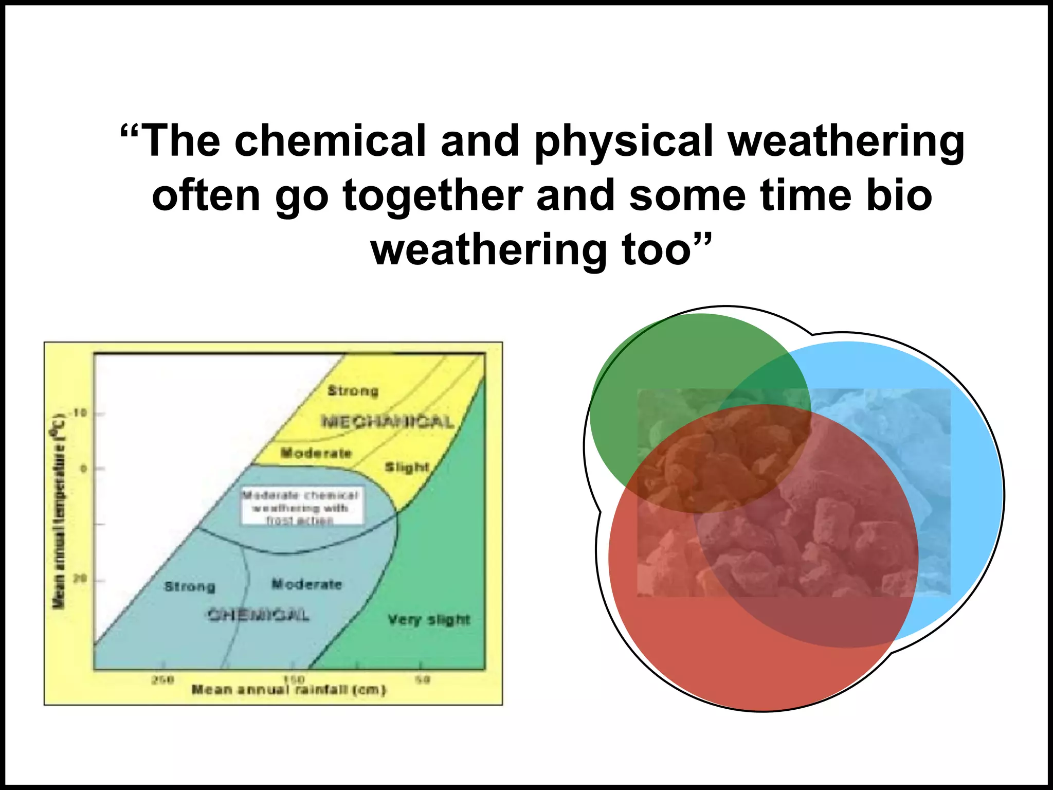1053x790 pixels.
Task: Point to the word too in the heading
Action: tap(663, 250)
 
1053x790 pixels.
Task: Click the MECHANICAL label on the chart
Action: tap(388, 422)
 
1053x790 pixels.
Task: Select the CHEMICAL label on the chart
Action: tap(259, 615)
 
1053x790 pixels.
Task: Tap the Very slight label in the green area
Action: tap(429, 620)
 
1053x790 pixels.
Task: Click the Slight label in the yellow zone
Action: tap(407, 467)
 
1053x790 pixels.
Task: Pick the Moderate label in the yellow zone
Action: tap(316, 453)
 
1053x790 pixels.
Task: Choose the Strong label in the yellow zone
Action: tap(353, 391)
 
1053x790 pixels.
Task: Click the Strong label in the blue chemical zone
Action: tap(190, 586)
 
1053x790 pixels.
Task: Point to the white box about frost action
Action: tap(302, 507)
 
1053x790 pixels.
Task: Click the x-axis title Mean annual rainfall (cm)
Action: tap(288, 690)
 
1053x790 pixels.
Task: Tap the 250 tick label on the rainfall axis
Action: tap(162, 679)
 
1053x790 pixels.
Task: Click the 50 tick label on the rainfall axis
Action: tap(422, 679)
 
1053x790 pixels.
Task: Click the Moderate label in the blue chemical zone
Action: tap(306, 584)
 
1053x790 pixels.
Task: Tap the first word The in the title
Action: tap(179, 141)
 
